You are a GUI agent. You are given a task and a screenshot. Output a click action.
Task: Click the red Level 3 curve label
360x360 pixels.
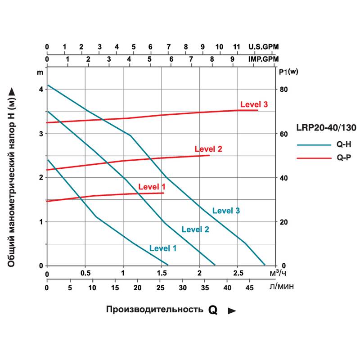254,104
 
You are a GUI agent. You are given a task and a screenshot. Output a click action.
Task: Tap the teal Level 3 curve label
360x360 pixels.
226,210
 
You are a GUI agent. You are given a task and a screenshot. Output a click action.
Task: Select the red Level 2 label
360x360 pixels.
208,149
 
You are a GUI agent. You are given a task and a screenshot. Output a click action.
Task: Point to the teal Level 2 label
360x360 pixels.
195,229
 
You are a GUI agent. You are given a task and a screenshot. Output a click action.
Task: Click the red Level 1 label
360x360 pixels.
152,186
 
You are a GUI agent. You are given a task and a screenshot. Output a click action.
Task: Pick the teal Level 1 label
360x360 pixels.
163,248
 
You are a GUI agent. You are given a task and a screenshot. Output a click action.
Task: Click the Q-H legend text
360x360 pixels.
343,145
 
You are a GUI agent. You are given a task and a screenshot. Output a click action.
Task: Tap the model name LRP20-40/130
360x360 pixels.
326,128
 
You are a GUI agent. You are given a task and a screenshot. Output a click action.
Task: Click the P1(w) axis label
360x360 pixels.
285,72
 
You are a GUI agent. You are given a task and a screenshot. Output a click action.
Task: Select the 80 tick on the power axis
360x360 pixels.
283,89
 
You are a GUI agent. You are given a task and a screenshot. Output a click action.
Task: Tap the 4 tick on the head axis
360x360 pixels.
40,89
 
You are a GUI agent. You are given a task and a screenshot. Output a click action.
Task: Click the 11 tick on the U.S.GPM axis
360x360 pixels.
237,47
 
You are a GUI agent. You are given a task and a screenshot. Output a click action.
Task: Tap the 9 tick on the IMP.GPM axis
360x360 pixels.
233,59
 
